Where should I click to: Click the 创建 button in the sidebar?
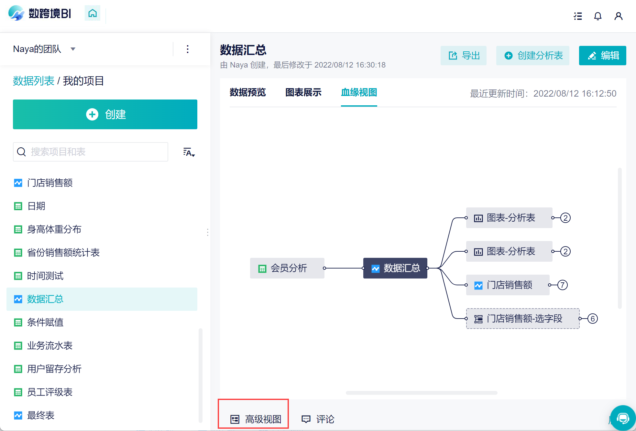[x=105, y=114]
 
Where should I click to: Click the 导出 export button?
[x=464, y=56]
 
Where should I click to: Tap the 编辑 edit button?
[x=603, y=56]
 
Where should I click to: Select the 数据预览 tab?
[x=248, y=92]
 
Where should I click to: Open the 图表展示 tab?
[x=303, y=92]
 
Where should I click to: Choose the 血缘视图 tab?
[x=359, y=92]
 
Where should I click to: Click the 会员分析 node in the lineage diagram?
[x=287, y=268]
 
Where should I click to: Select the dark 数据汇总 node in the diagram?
[x=395, y=268]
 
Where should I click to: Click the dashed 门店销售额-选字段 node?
[x=523, y=319]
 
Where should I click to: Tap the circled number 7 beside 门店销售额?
[x=563, y=285]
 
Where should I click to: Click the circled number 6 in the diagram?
[x=593, y=319]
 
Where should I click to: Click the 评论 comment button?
[x=318, y=419]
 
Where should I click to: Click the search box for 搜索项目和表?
[x=91, y=152]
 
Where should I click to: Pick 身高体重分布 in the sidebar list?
[x=54, y=229]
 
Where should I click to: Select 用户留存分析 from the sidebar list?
[x=54, y=369]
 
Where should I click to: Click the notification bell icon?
[x=598, y=16]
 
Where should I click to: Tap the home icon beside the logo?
[x=93, y=13]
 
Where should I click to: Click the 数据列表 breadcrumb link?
[x=34, y=81]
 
